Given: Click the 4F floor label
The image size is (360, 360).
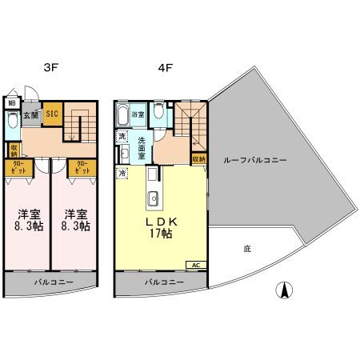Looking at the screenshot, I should (x=166, y=70).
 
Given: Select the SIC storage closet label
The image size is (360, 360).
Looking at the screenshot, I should (x=50, y=114).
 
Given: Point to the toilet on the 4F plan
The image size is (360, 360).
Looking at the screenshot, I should (x=160, y=114).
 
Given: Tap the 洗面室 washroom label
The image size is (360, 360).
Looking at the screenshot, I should (x=142, y=148).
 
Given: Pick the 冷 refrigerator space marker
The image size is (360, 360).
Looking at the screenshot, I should (x=122, y=172).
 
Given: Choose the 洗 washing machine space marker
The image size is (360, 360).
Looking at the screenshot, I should (x=122, y=137).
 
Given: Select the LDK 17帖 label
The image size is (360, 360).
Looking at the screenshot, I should (x=161, y=227).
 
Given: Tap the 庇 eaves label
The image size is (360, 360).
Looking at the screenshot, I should (x=247, y=249).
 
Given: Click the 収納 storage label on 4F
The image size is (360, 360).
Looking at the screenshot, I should (x=198, y=159).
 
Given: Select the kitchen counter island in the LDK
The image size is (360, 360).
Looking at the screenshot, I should (x=153, y=196).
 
